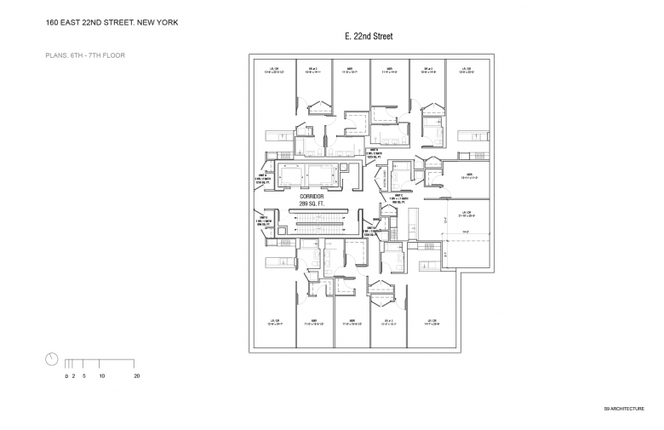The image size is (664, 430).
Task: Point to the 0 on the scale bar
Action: point(66,376)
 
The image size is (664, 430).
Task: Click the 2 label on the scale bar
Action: point(73,376)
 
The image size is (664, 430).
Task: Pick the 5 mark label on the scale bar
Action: point(83,376)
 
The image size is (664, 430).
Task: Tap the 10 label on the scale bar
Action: point(101,376)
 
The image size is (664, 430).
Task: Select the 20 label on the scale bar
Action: point(136,376)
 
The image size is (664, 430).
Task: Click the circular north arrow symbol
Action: point(52,358)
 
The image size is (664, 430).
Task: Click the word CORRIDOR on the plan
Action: point(312,197)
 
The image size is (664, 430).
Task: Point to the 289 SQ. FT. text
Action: point(312,204)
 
